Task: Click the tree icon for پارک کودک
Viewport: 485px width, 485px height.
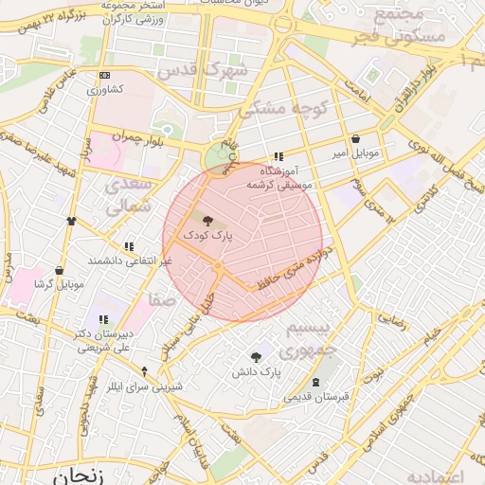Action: pos(208,220)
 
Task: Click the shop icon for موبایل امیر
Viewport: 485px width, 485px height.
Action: pos(355,138)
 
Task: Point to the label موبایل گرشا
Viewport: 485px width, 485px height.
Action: pos(58,284)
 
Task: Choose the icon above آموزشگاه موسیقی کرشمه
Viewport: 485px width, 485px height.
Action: pos(278,157)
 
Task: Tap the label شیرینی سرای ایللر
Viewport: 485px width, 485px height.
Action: pos(143,386)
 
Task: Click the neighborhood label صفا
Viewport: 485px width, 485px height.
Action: pos(161,301)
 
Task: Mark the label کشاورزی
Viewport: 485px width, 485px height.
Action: pos(106,90)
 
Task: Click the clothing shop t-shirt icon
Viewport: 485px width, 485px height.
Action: pos(71,220)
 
